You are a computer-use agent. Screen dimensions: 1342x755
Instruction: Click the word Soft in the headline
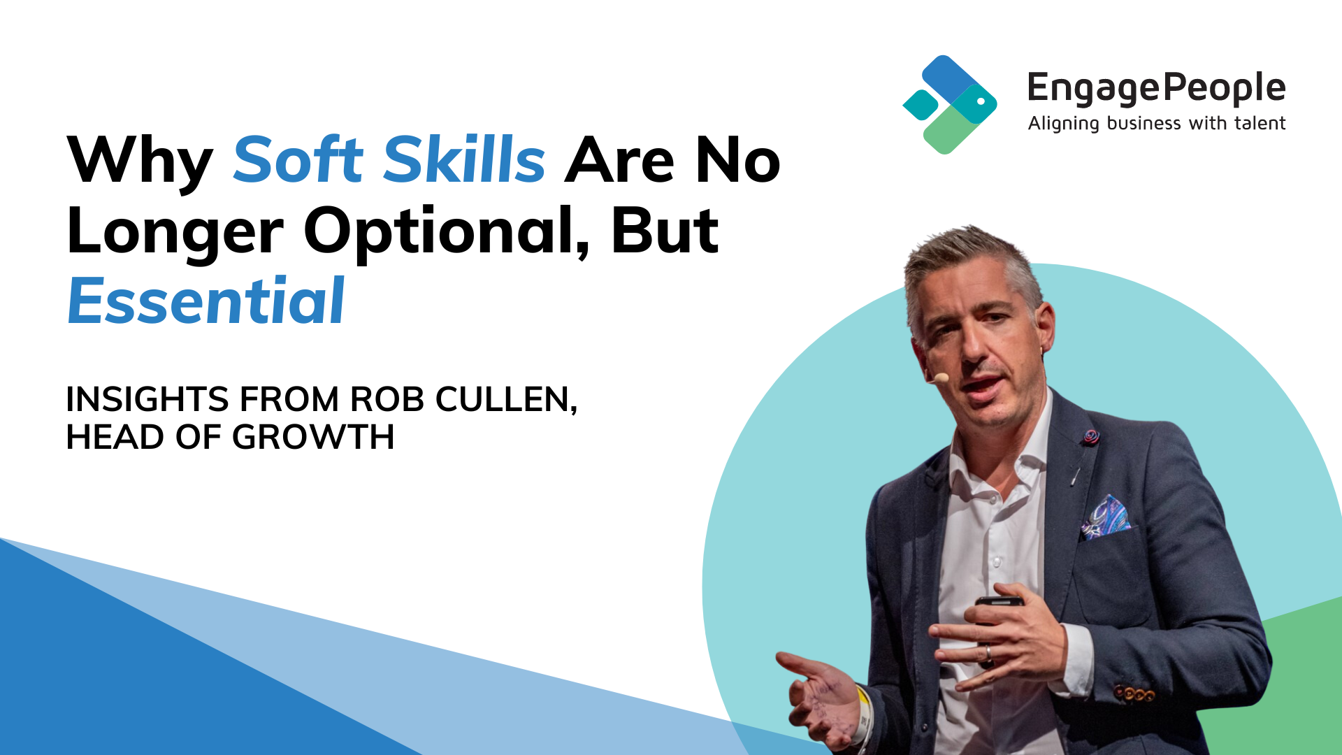(298, 159)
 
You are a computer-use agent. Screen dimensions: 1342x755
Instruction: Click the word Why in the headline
(140, 162)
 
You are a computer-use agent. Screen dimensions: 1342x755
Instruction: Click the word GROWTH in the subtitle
(313, 437)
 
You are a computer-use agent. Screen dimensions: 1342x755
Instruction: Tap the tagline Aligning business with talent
(1157, 124)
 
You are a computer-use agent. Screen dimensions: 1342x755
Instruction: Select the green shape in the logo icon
(951, 129)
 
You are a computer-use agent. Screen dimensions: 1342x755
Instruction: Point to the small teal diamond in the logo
(920, 105)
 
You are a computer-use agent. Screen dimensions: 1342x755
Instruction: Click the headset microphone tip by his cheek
(941, 377)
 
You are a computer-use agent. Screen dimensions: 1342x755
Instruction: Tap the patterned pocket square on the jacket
(1106, 517)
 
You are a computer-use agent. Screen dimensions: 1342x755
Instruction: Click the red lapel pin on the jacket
(1090, 438)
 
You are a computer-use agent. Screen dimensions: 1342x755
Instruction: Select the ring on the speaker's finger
(987, 654)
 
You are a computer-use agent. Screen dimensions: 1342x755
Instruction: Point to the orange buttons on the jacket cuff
(1134, 693)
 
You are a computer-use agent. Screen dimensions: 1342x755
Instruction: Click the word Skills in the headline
(464, 159)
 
